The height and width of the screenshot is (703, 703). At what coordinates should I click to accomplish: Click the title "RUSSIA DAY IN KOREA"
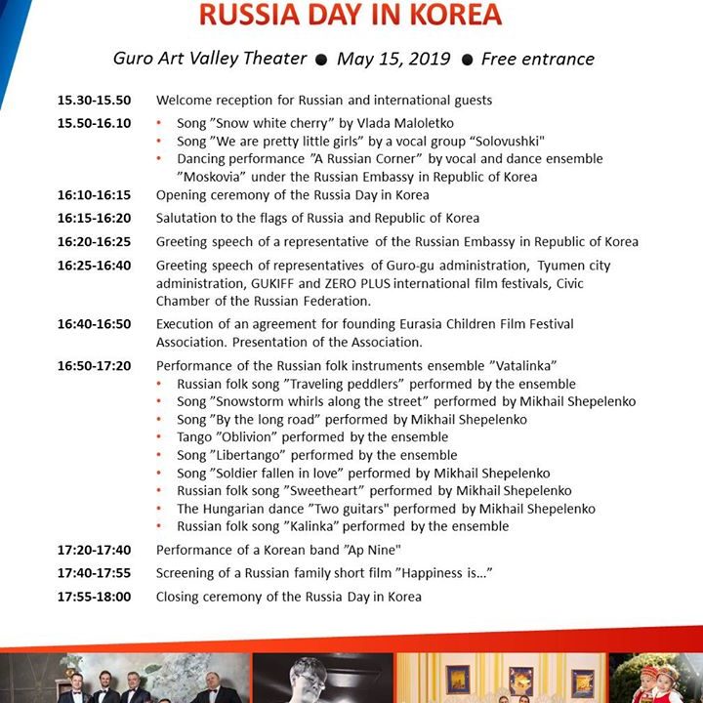click(x=351, y=15)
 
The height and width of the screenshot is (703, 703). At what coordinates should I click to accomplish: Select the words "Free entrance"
click(x=537, y=59)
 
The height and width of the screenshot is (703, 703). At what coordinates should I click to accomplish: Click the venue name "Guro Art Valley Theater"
click(x=210, y=59)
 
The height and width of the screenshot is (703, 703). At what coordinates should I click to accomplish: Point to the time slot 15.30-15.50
click(x=94, y=101)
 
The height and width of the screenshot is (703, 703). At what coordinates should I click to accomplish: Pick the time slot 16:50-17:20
click(x=94, y=366)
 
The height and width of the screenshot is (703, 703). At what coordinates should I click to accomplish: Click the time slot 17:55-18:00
click(x=94, y=596)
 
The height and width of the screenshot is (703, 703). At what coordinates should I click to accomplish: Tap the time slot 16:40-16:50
click(x=94, y=323)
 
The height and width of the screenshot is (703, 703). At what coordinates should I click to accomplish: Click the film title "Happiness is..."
click(x=435, y=573)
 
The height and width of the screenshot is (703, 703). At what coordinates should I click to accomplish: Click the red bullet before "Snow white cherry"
click(x=160, y=123)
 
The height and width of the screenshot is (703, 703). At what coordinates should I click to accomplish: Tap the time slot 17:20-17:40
click(x=94, y=550)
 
